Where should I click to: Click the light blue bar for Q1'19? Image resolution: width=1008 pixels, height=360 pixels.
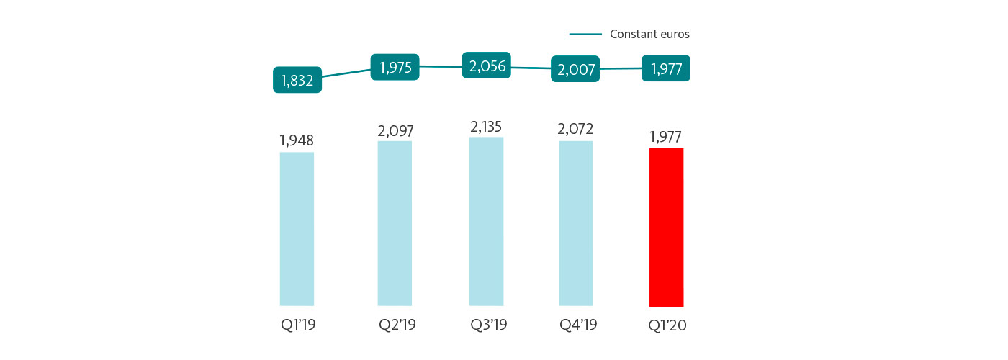click(297, 229)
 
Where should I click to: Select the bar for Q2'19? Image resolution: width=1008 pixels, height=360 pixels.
click(395, 223)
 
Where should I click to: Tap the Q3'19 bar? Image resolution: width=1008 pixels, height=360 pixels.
click(486, 222)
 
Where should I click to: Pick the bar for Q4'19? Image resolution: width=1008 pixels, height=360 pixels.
click(575, 223)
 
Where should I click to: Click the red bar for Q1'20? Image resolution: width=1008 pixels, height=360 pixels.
click(666, 228)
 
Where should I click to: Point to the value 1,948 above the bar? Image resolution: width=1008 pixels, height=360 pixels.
click(297, 140)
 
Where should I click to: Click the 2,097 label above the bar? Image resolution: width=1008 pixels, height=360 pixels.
click(395, 130)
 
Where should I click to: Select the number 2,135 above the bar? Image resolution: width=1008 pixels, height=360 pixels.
click(487, 127)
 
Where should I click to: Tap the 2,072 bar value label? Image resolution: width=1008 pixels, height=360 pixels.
click(576, 130)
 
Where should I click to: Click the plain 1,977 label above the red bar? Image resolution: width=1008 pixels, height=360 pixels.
click(666, 138)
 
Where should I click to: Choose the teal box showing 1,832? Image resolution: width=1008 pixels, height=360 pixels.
click(297, 80)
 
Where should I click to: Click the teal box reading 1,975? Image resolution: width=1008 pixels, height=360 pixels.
click(395, 67)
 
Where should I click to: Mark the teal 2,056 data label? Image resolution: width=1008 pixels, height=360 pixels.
click(487, 66)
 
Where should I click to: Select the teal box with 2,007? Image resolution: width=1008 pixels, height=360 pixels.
click(575, 69)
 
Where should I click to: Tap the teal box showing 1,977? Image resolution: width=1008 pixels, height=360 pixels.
click(666, 68)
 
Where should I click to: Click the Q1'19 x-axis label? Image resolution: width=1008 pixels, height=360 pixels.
click(298, 325)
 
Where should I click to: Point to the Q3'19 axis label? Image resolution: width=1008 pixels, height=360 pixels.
click(488, 325)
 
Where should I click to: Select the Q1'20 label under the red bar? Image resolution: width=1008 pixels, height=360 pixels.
click(667, 325)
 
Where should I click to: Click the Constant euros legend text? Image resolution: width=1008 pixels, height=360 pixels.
click(649, 34)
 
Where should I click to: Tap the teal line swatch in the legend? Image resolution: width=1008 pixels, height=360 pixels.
click(585, 34)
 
